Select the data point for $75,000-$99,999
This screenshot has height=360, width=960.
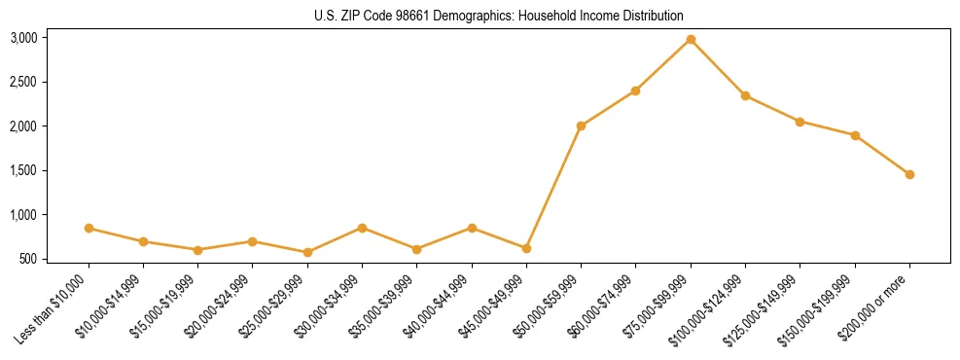click(691, 39)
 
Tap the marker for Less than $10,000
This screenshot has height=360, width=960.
click(89, 228)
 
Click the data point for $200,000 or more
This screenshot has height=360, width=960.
click(909, 174)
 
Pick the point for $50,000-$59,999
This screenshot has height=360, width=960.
click(581, 126)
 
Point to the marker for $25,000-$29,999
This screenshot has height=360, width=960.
click(307, 252)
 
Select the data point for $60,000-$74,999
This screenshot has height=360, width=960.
click(635, 90)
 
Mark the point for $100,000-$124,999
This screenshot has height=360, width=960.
click(745, 95)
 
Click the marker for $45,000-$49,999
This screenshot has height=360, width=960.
click(526, 248)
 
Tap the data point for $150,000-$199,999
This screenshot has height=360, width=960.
click(855, 135)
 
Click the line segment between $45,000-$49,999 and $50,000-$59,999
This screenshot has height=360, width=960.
click(553, 187)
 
